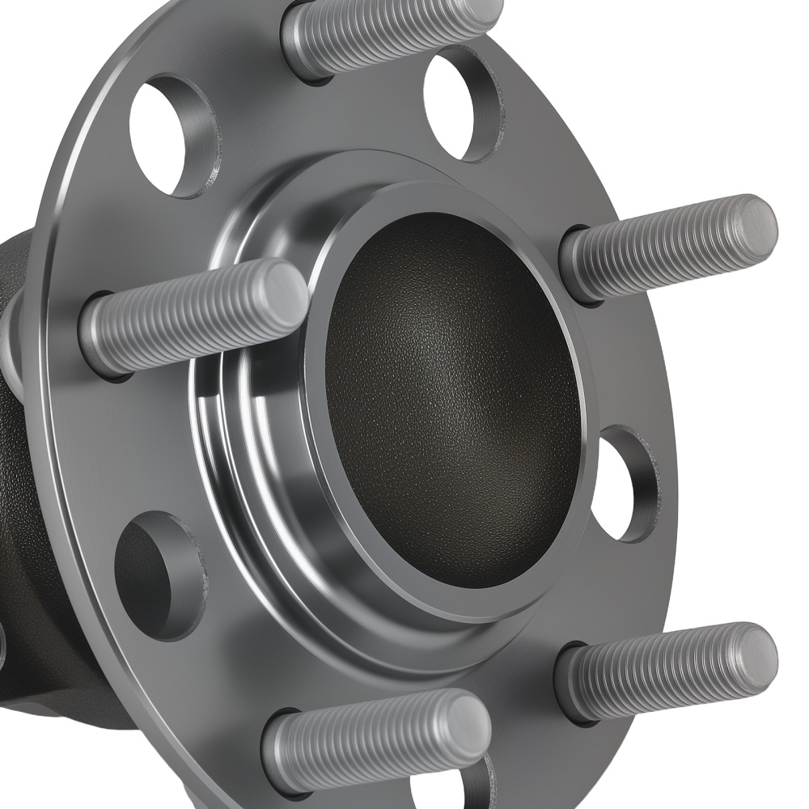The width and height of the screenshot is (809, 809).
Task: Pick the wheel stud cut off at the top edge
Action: [388, 32]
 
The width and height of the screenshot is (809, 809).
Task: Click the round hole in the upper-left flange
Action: [172, 133]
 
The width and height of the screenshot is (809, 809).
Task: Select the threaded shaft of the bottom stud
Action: [364, 740]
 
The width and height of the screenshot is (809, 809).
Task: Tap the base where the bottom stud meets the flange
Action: [279, 748]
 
